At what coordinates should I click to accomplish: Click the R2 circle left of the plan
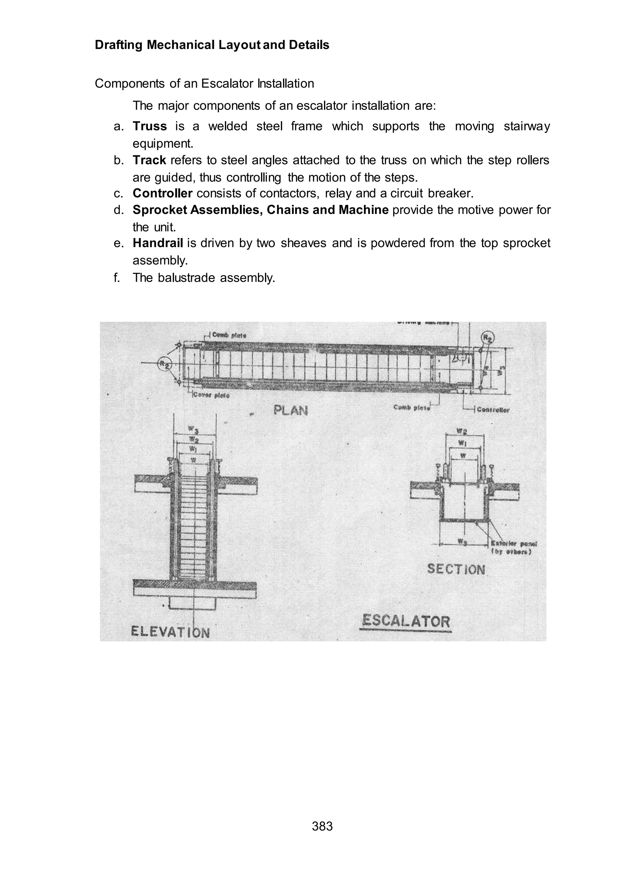click(x=164, y=364)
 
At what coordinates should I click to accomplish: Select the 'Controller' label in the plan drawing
click(x=493, y=409)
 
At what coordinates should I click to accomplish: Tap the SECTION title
click(x=456, y=569)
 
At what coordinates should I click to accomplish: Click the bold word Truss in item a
click(x=149, y=126)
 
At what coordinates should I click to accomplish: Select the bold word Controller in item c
click(x=162, y=193)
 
